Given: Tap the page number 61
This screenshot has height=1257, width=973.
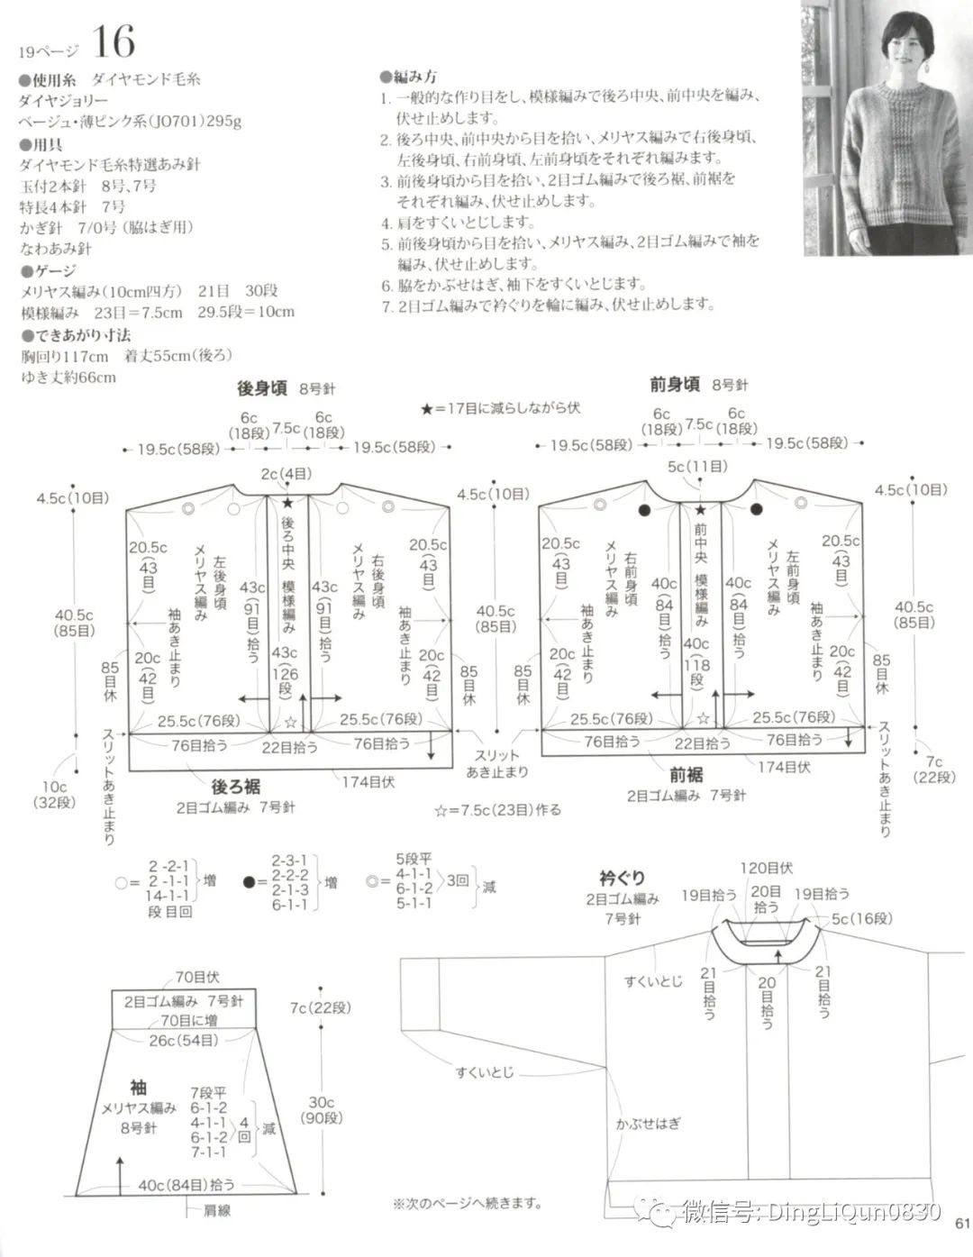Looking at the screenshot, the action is pyautogui.click(x=959, y=1223).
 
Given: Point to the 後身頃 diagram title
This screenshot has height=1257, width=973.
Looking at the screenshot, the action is pyautogui.click(x=262, y=387).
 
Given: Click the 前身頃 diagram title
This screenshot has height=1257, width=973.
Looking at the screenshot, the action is pyautogui.click(x=675, y=384).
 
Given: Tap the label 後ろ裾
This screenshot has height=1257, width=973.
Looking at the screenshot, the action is pyautogui.click(x=236, y=787).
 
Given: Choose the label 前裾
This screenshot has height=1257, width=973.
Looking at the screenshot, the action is pyautogui.click(x=687, y=775).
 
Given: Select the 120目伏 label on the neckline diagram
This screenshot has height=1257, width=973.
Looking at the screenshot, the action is pyautogui.click(x=766, y=869).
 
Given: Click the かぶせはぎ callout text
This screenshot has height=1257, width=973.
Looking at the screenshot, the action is pyautogui.click(x=649, y=1124).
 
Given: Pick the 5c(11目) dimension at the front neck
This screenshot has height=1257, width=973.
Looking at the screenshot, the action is pyautogui.click(x=698, y=468).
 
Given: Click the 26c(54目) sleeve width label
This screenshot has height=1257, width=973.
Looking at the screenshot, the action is pyautogui.click(x=183, y=1041).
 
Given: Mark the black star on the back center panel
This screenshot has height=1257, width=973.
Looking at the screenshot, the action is pyautogui.click(x=287, y=504).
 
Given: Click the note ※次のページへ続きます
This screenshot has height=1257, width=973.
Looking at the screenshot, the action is pyautogui.click(x=467, y=1202).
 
